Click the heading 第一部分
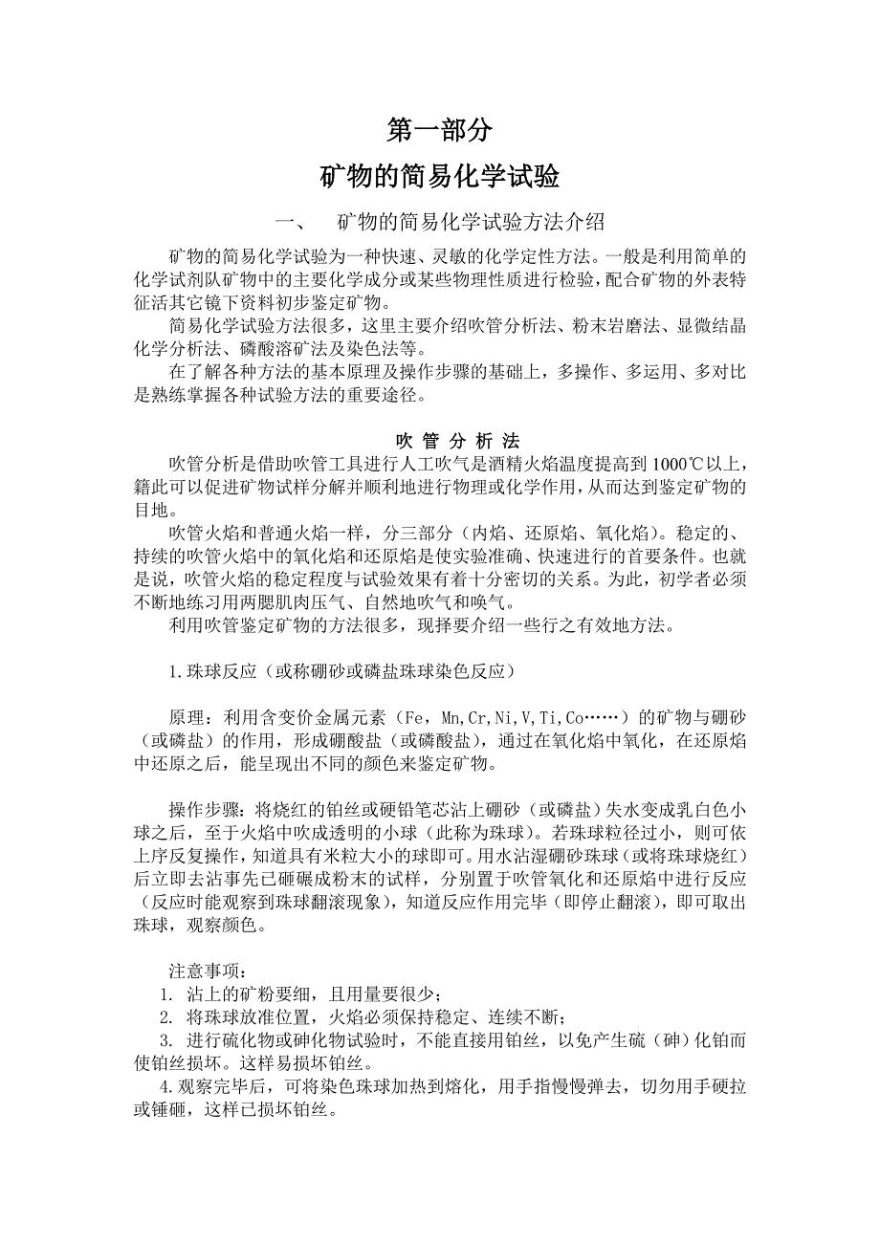[x=439, y=128]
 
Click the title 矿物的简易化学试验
[x=439, y=177]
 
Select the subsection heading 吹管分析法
[x=457, y=441]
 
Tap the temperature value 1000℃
[x=678, y=464]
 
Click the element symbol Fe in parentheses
[x=414, y=717]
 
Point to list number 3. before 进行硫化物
[x=165, y=1040]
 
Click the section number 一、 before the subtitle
[x=289, y=223]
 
